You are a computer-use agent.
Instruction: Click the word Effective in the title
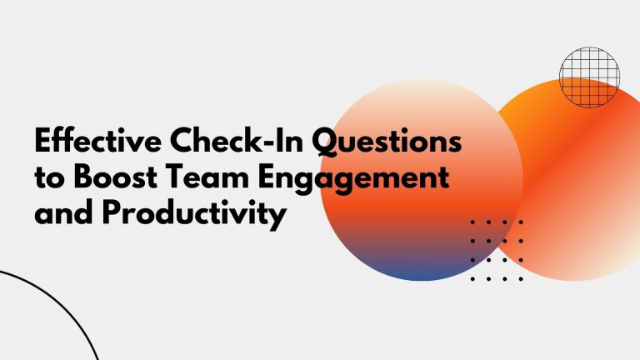click(98, 140)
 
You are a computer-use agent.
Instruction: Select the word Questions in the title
click(387, 141)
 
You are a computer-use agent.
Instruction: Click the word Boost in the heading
click(116, 177)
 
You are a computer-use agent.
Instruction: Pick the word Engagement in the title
click(353, 180)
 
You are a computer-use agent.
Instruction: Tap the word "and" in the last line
click(63, 212)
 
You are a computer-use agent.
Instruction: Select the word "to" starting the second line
click(49, 178)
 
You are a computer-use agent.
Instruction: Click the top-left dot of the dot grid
click(472, 222)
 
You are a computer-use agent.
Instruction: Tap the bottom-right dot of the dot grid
click(521, 279)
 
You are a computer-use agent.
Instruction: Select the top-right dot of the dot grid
click(521, 222)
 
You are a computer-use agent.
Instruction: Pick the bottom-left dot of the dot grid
click(472, 279)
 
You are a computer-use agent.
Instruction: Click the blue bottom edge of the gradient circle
click(422, 277)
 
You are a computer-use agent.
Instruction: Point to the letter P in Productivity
click(112, 212)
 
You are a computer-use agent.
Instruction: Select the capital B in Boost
click(83, 177)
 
